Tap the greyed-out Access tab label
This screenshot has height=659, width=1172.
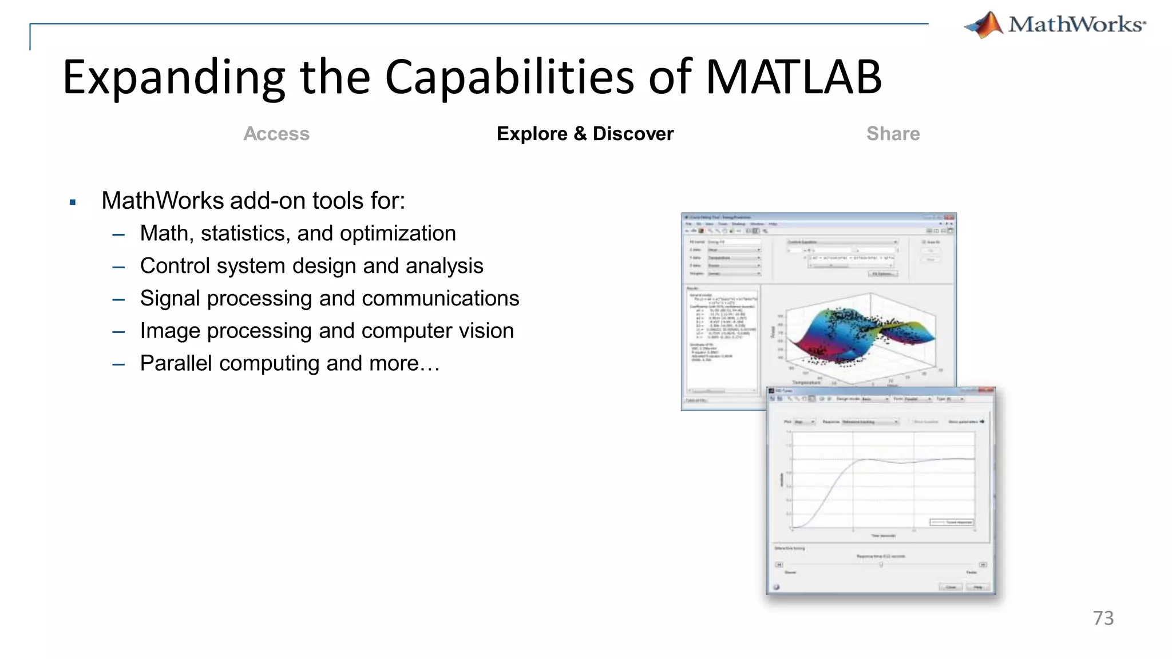tap(276, 134)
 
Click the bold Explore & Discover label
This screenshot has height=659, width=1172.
tap(585, 134)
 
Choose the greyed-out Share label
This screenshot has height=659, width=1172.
tap(893, 134)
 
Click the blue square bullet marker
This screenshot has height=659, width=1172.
tap(73, 202)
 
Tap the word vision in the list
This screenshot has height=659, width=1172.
tap(486, 331)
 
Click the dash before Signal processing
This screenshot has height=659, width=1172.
tap(119, 299)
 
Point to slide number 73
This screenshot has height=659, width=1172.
tap(1103, 618)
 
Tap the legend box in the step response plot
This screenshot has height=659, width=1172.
tap(951, 522)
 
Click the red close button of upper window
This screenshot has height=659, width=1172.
tap(950, 218)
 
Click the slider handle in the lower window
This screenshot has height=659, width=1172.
tap(881, 564)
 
